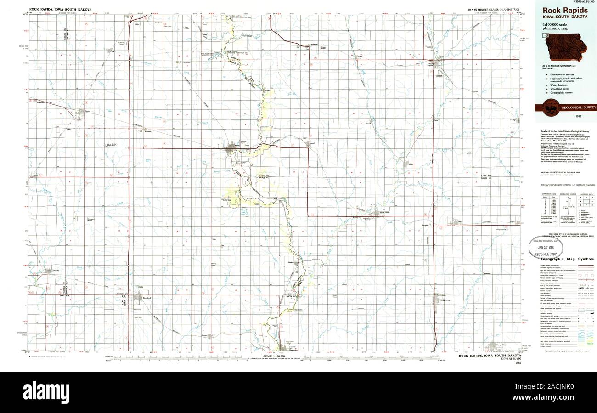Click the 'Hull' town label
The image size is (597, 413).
coord(459,222)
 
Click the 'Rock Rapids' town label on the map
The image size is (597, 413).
coord(430,64)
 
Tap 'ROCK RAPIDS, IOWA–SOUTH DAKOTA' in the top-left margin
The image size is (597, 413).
coord(60,9)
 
